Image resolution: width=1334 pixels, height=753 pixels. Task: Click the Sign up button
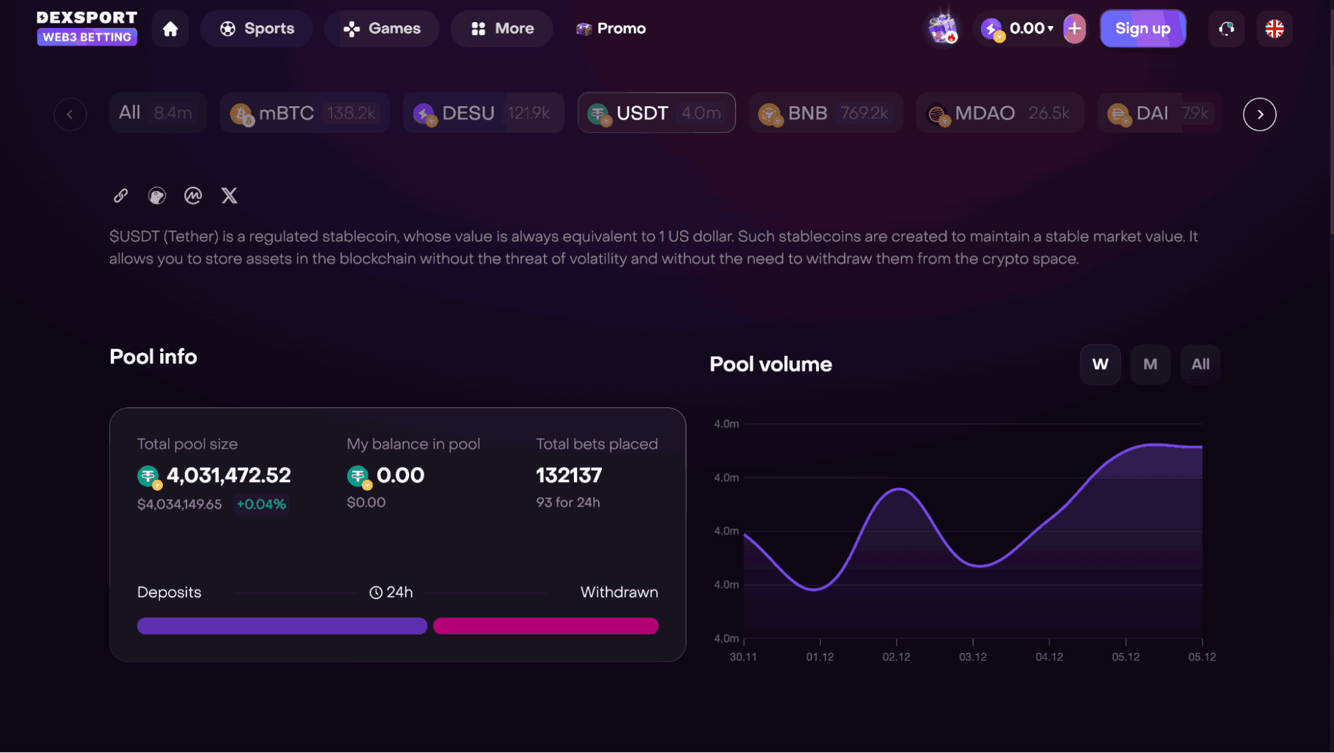[x=1142, y=29]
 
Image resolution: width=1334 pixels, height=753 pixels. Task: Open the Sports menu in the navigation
[x=257, y=29]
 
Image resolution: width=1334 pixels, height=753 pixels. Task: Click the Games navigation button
[x=382, y=29]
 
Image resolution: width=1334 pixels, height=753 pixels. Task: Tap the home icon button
[x=170, y=29]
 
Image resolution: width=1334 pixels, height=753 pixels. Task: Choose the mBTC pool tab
[x=304, y=113]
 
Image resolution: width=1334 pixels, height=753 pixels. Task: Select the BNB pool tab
[x=825, y=113]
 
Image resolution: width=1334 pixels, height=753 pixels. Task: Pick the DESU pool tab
[x=483, y=113]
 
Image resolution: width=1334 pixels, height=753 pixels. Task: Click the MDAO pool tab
[x=999, y=113]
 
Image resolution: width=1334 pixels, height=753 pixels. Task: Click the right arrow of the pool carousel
[x=1259, y=114]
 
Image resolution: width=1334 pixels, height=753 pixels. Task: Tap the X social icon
[x=229, y=196]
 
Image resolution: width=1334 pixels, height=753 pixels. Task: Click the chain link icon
[x=121, y=196]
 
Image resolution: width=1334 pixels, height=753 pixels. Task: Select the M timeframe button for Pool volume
[x=1150, y=364]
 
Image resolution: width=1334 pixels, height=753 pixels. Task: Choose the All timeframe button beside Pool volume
[x=1200, y=364]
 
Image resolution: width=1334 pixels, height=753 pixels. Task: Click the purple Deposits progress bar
[x=282, y=625]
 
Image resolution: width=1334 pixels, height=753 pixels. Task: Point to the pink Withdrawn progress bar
[x=545, y=625]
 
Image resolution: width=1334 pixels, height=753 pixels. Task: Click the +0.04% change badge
[x=262, y=505]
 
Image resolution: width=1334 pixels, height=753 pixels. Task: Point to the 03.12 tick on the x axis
[x=972, y=657]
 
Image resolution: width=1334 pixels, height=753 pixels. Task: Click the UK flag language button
[x=1274, y=29]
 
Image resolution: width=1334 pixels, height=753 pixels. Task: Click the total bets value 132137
[x=569, y=475]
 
